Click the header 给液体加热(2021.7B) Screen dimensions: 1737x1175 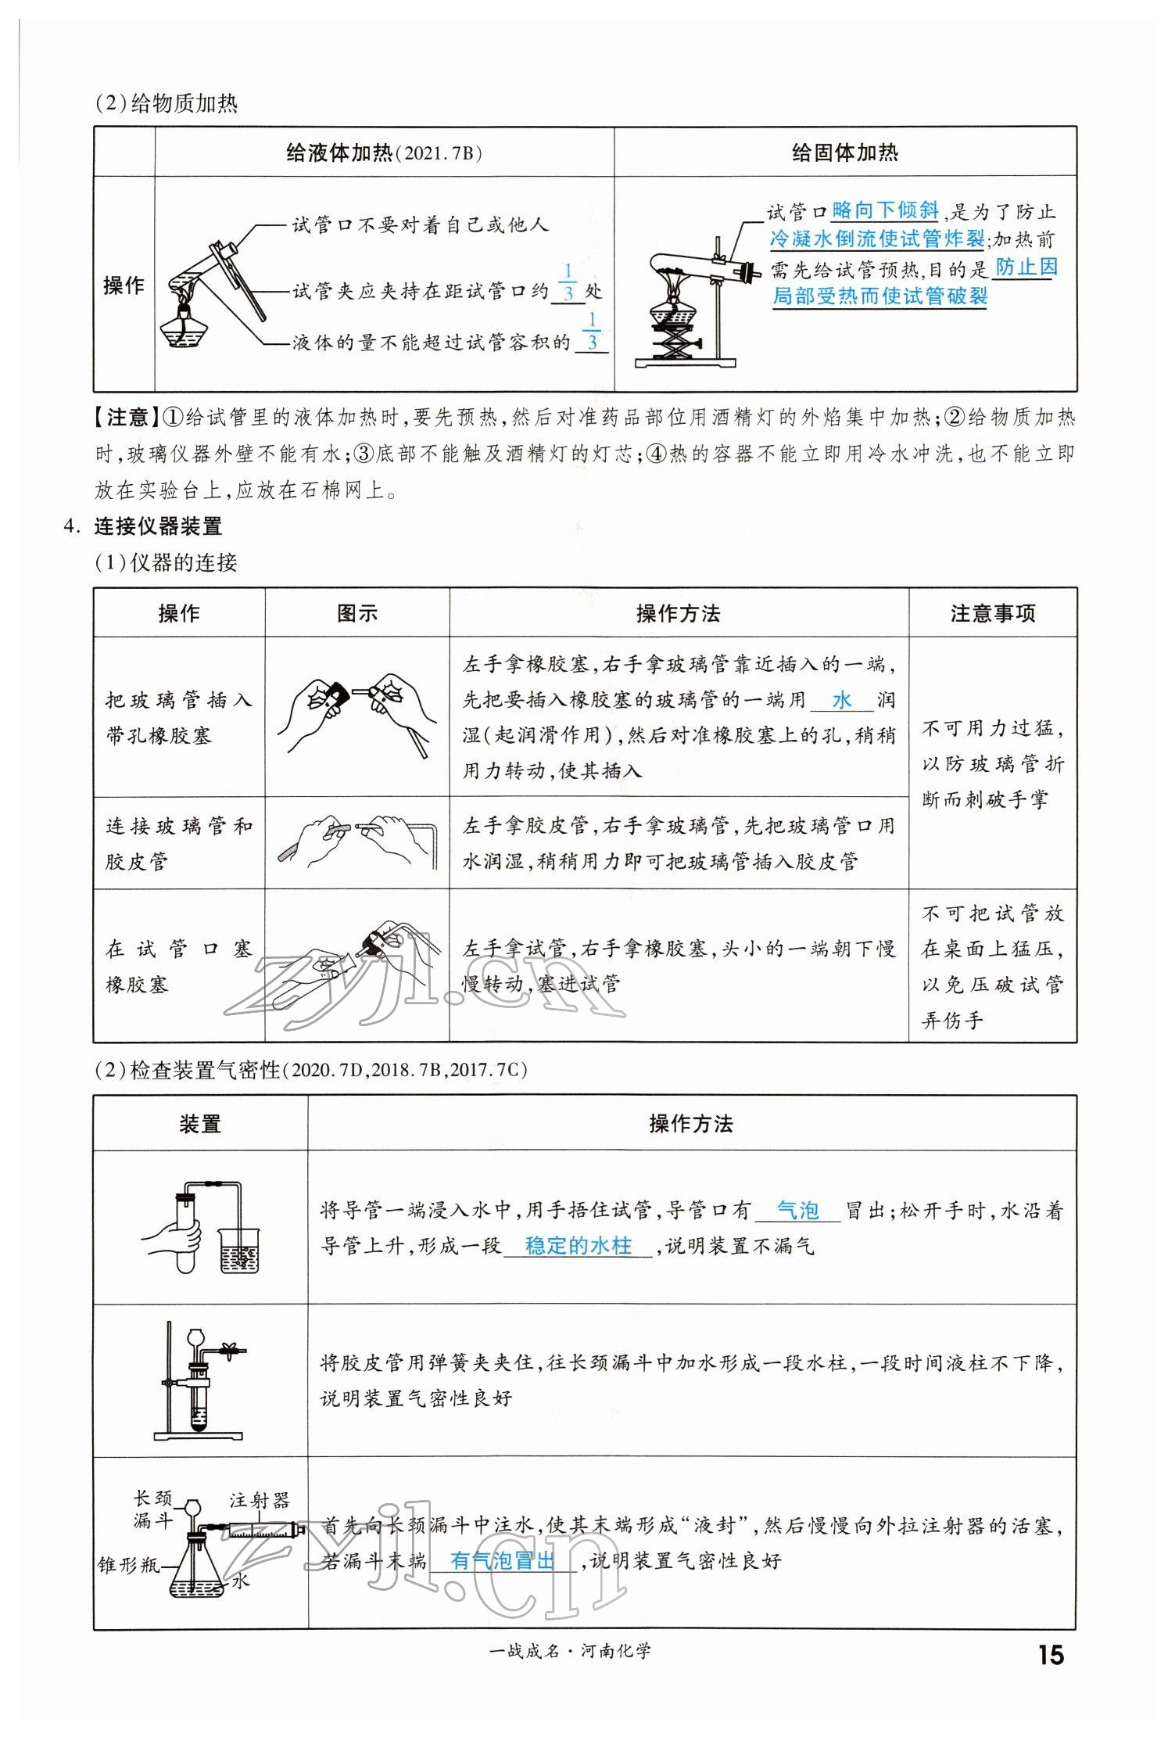coord(384,153)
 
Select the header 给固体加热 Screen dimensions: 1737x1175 coord(844,153)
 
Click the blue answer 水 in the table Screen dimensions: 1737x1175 coord(841,700)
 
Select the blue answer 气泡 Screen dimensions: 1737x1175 coord(797,1211)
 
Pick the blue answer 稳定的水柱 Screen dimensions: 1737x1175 coord(578,1245)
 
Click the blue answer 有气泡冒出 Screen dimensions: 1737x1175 coord(502,1561)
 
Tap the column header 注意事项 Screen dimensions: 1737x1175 coord(992,614)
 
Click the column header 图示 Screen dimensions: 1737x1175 coord(356,614)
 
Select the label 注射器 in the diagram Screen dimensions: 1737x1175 coord(260,1500)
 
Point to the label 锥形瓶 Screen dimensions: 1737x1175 coord(128,1564)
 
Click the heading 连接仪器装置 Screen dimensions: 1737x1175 coord(158,526)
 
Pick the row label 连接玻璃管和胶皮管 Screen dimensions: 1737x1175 coord(179,843)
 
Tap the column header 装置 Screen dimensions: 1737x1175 coord(200,1125)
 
